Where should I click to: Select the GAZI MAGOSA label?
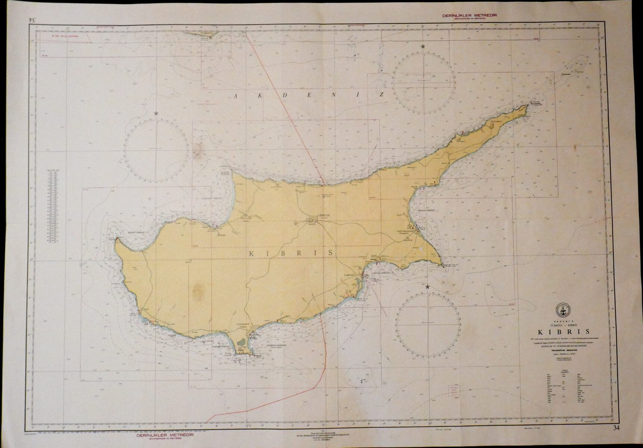pos(404,231)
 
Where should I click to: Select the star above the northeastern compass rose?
pos(423,47)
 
